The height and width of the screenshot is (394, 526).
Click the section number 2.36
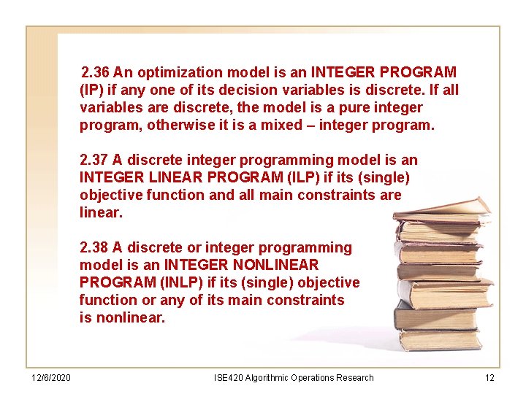(96, 72)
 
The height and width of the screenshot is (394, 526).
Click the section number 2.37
(94, 160)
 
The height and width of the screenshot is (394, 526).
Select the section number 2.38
(94, 247)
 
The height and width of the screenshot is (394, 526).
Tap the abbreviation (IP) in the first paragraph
(90, 90)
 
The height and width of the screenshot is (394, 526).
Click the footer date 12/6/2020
(50, 378)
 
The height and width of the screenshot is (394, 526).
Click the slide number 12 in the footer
(489, 378)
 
